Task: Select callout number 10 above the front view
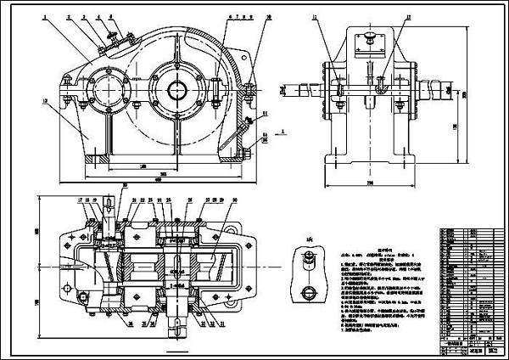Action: [245, 15]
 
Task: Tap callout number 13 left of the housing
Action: [42, 99]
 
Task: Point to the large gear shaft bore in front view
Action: [179, 88]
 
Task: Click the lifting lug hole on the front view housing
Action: [65, 82]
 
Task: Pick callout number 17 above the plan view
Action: [81, 199]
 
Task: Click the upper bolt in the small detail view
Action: [309, 256]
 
